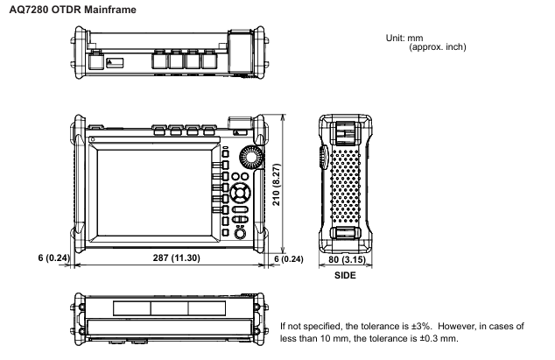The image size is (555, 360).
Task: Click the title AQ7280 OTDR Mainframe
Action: (73, 10)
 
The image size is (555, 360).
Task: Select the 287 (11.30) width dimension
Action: (176, 258)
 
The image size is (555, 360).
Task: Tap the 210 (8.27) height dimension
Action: (277, 184)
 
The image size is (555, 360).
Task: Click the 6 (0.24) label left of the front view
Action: (53, 258)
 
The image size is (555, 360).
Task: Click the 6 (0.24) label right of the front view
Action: (289, 259)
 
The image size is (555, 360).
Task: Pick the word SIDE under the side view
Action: (345, 275)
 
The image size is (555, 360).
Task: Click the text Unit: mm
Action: (404, 38)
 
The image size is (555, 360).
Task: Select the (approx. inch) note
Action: (438, 46)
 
